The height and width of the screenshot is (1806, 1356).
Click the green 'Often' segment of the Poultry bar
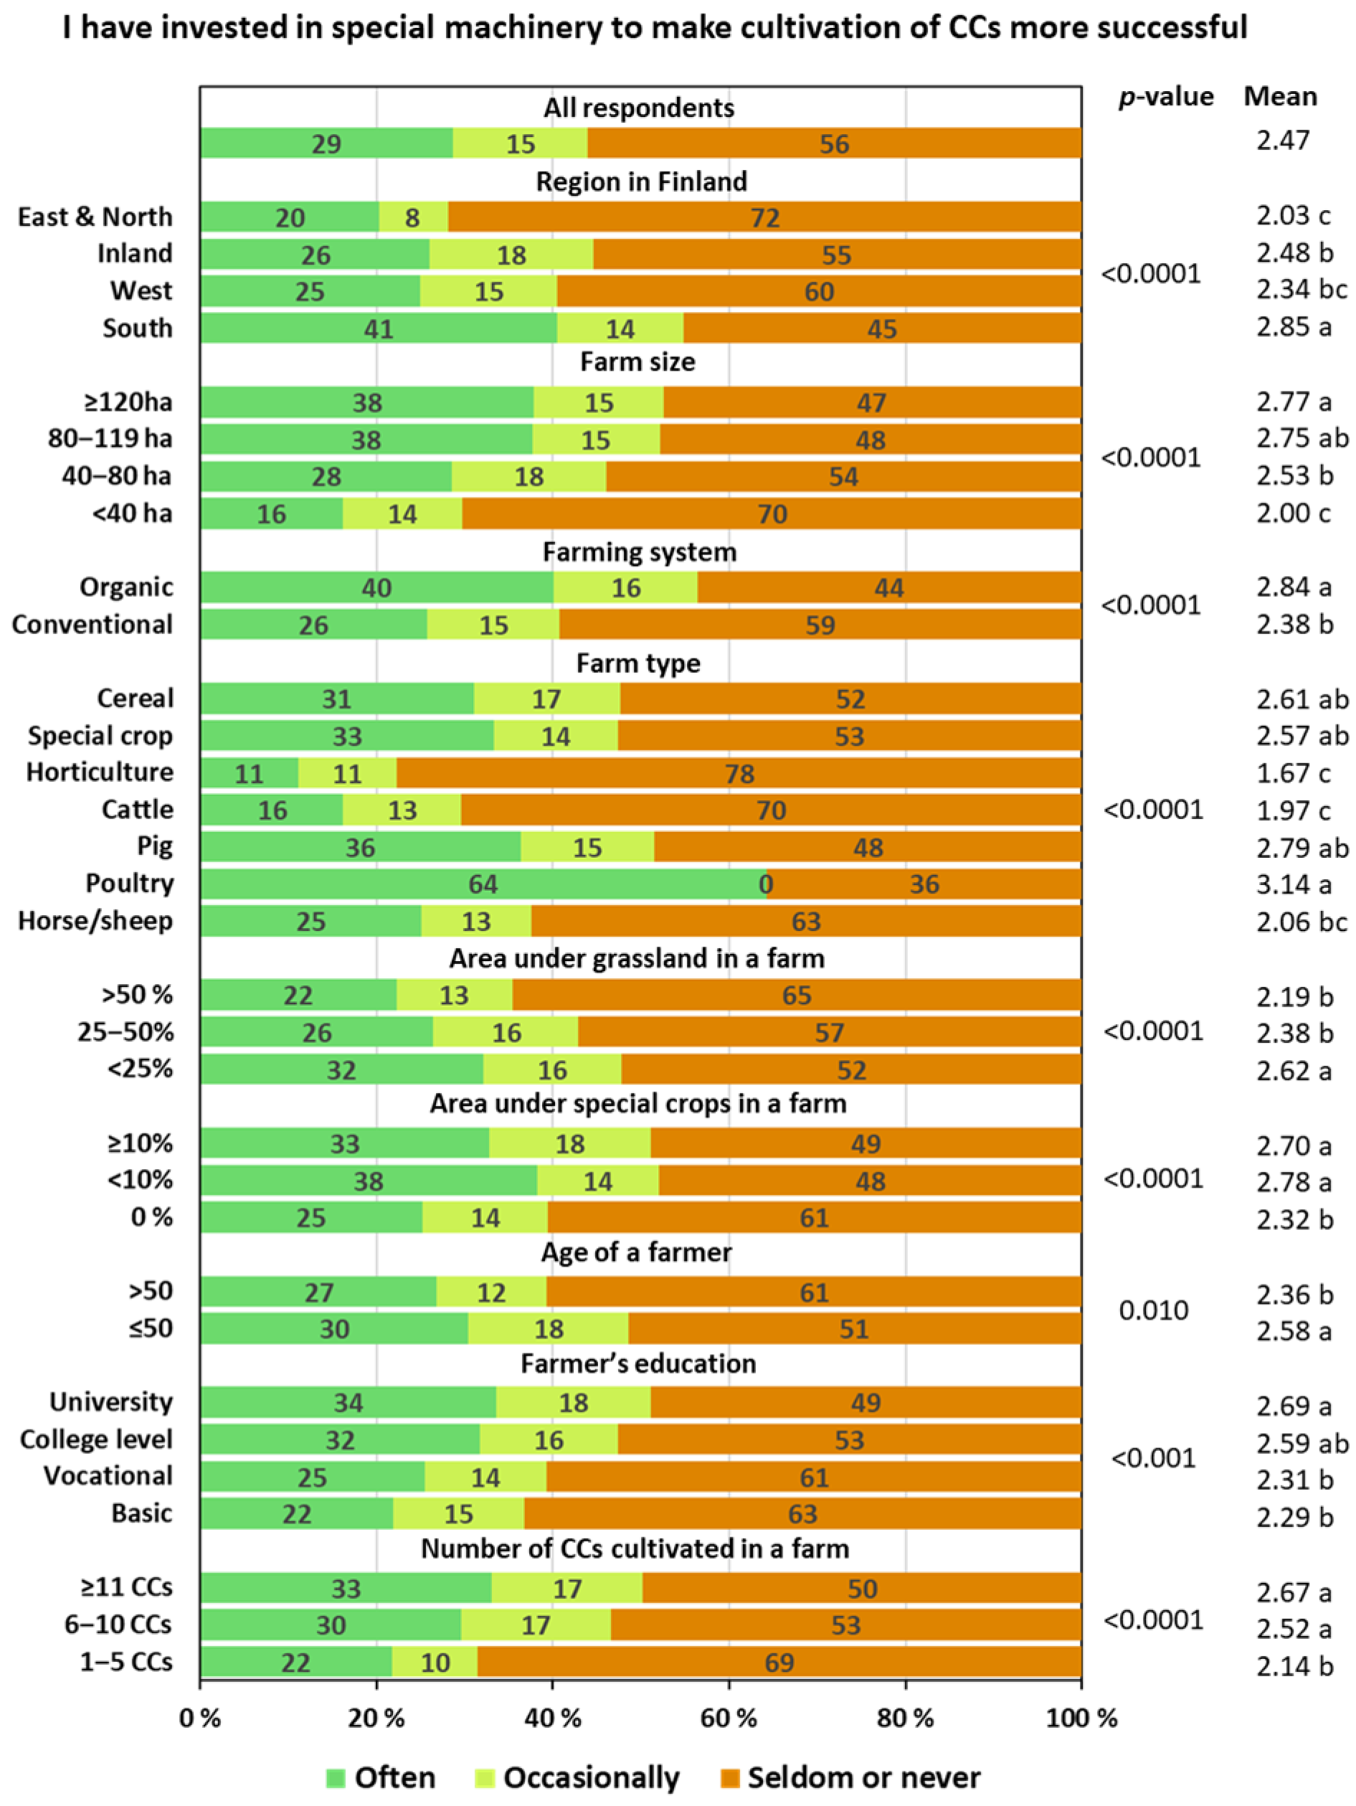483,884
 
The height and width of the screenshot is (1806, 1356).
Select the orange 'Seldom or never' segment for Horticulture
739,772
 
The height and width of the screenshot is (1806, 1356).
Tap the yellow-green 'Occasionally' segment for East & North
413,217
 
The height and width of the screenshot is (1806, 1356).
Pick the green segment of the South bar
379,328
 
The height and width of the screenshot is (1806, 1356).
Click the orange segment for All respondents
835,143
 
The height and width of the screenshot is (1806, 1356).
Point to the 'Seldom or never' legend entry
850,1777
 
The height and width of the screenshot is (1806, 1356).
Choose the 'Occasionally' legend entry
577,1777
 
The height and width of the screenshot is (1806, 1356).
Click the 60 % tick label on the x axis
729,1718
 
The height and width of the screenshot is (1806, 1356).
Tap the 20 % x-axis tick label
376,1718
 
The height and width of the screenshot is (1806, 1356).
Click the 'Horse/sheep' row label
95,921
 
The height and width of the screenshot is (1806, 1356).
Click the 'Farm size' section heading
637,361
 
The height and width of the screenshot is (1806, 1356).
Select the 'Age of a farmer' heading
637,1252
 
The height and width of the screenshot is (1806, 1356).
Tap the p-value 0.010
1154,1310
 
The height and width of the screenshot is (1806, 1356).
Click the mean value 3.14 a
1294,884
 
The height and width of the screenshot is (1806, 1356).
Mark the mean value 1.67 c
1294,772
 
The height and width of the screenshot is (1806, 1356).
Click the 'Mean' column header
1280,96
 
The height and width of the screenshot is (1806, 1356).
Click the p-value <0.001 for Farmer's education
1154,1457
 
